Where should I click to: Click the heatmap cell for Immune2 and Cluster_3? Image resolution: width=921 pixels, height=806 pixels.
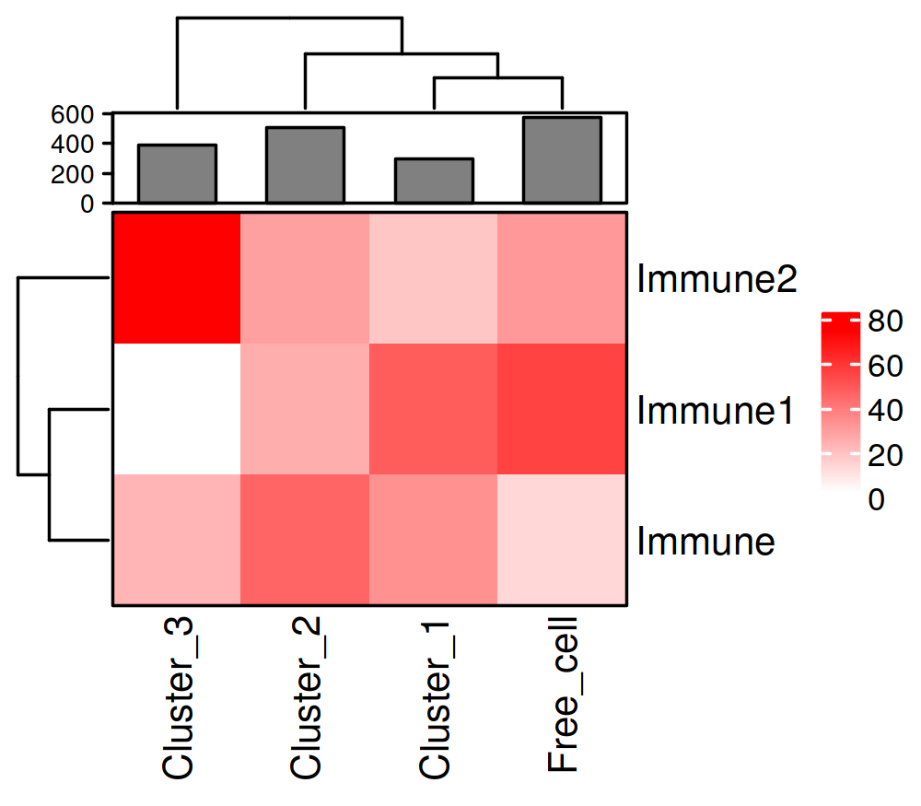tap(177, 277)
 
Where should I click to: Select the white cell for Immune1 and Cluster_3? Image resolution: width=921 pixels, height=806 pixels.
tap(177, 409)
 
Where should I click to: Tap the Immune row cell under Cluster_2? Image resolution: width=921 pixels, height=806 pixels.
tap(305, 540)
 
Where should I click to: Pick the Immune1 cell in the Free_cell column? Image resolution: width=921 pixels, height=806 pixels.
tap(562, 409)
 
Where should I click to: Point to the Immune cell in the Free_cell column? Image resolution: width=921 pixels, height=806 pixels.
tap(562, 540)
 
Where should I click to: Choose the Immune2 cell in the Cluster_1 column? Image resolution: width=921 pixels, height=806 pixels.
tap(433, 277)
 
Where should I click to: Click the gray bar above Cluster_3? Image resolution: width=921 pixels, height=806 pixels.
tap(177, 173)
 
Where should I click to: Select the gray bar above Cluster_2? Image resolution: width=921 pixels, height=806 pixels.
tap(305, 165)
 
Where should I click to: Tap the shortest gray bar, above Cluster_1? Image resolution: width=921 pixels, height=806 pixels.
tap(434, 181)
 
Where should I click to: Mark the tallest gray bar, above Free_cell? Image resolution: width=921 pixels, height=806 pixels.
tap(562, 159)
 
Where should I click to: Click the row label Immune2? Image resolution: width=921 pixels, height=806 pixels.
tap(716, 279)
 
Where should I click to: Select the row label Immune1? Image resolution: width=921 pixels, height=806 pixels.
tap(716, 412)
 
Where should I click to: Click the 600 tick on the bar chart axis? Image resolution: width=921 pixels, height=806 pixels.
tap(74, 114)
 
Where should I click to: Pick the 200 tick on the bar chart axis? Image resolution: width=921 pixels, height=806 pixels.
tap(74, 173)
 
